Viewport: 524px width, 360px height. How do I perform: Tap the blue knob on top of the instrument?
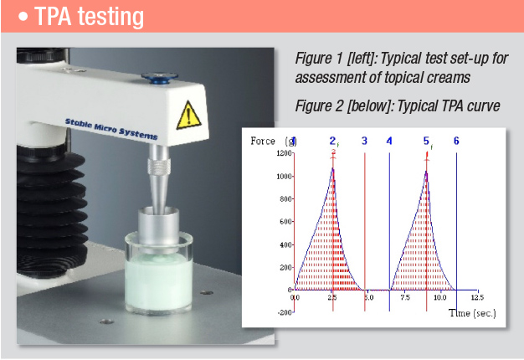pos(160,78)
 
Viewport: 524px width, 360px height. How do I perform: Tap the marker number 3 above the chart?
pos(364,141)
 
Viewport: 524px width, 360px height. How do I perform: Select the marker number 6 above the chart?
pos(456,141)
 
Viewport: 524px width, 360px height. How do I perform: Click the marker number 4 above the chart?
pos(389,141)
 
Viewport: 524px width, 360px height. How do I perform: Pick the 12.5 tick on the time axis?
pos(476,297)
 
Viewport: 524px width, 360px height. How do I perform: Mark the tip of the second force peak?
pos(426,172)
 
